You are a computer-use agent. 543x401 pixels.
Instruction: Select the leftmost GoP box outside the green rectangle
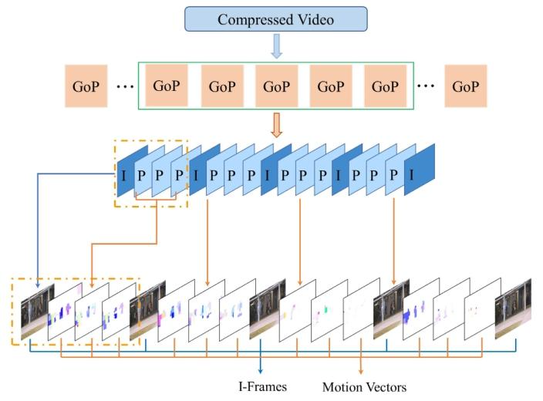coord(86,86)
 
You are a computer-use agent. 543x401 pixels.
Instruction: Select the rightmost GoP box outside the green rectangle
coord(466,86)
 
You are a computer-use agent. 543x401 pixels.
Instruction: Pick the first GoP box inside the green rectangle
coord(167,85)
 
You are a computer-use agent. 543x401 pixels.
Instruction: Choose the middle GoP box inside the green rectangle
coord(276,86)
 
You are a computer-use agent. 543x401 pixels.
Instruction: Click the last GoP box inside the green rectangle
coord(386,86)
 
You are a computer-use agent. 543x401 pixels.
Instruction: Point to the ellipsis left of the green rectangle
coord(123,86)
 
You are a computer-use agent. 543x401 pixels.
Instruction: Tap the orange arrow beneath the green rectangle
coord(276,123)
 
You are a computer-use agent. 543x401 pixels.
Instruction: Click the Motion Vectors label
coord(363,386)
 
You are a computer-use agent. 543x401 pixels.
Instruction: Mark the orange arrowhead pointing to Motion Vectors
coord(361,372)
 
